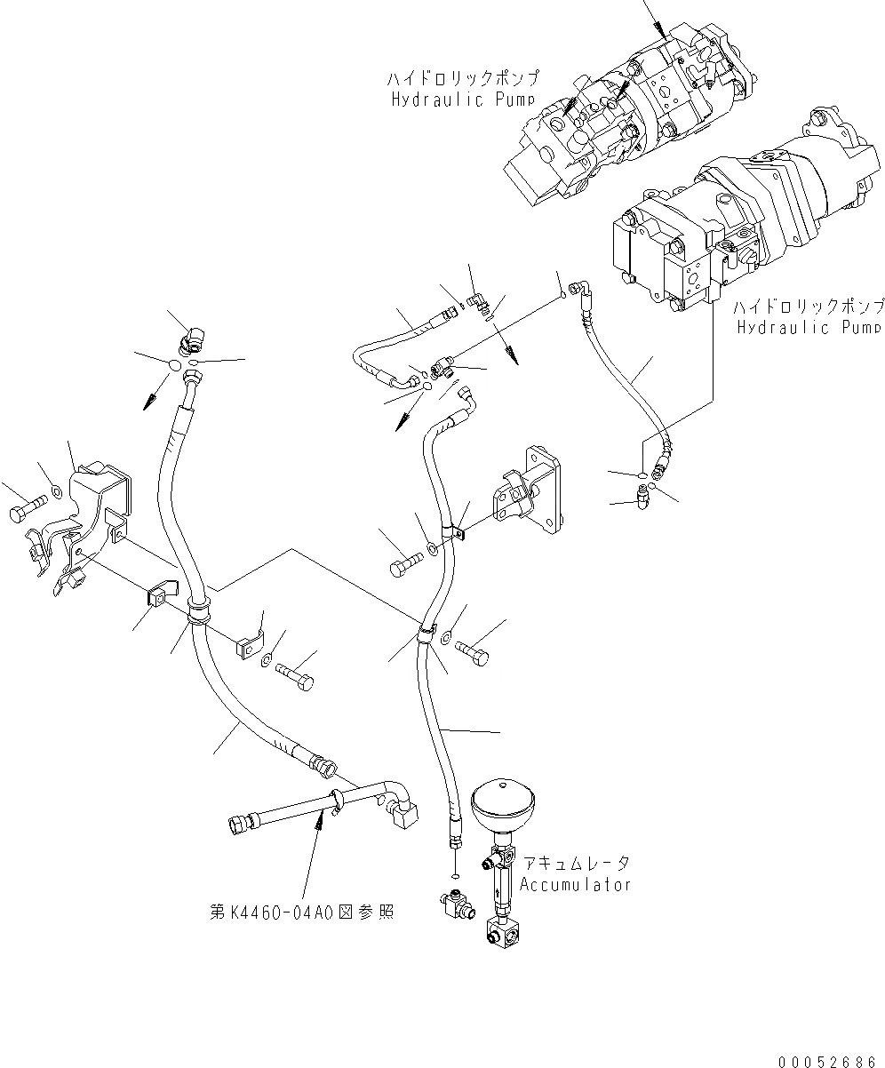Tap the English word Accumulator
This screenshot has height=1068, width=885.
tap(575, 885)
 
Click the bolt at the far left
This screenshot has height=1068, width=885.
tap(25, 513)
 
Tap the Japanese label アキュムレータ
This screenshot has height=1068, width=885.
tap(576, 864)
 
